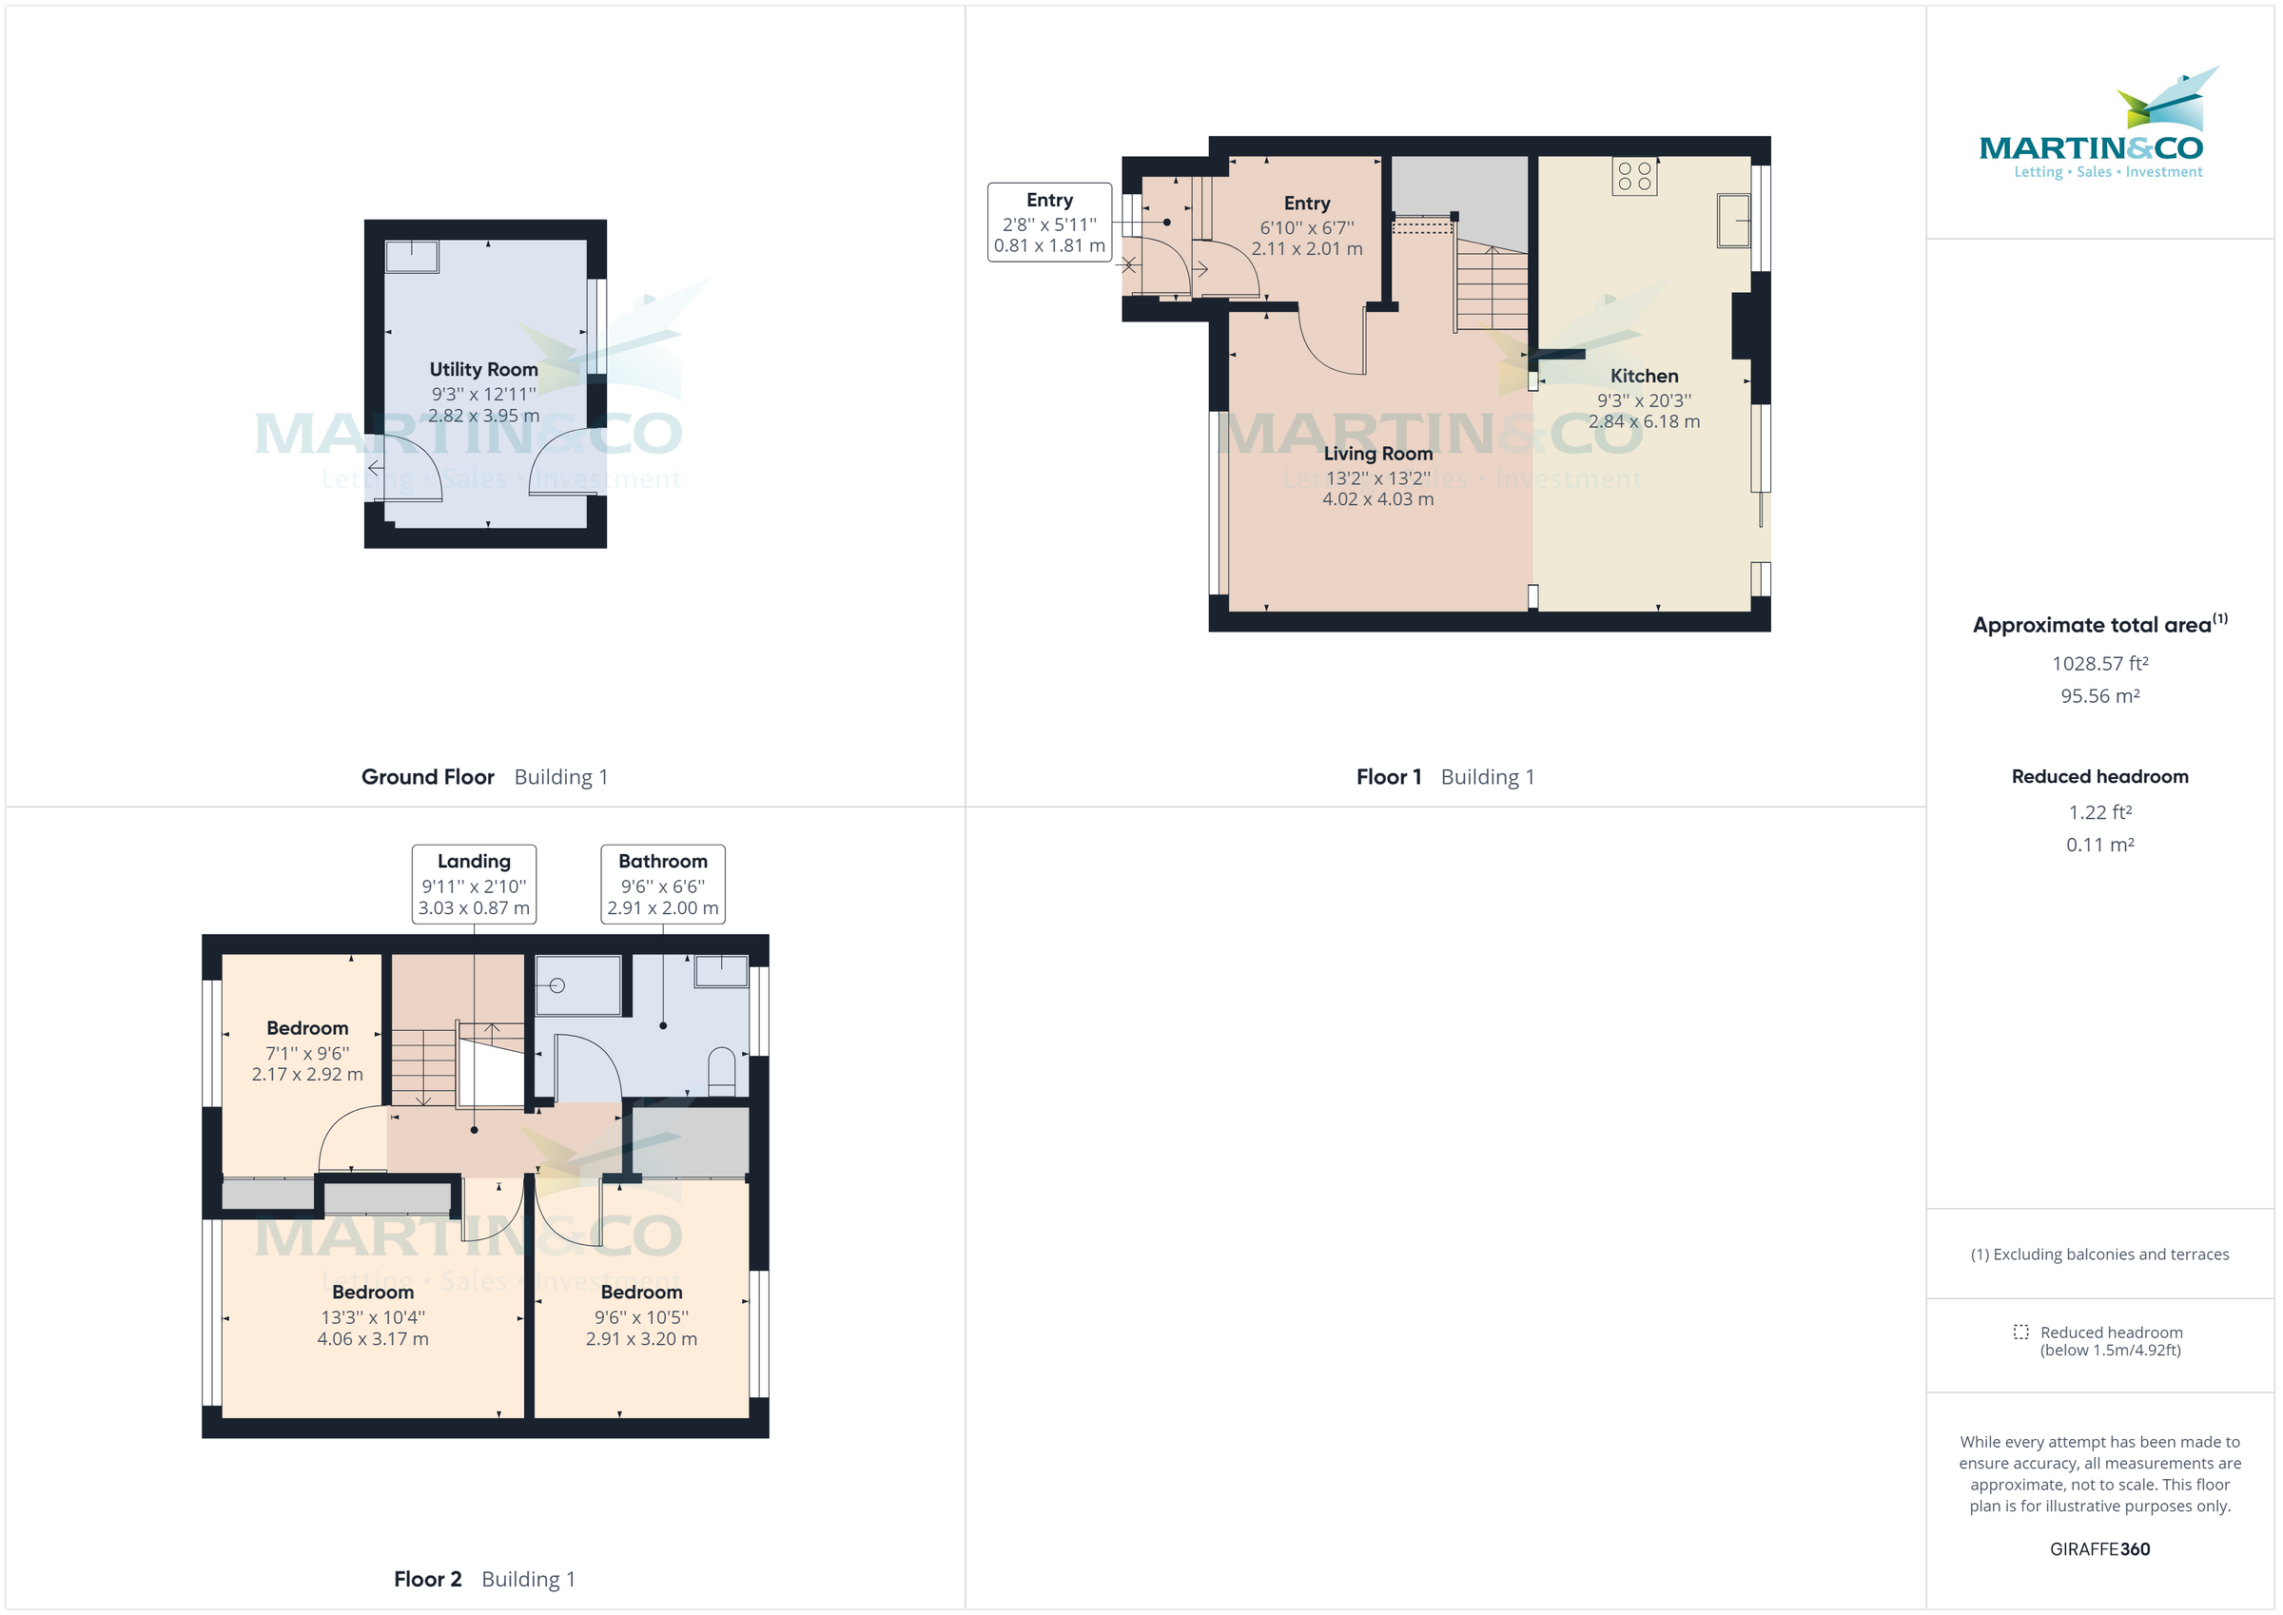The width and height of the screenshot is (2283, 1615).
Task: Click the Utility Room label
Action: click(x=483, y=369)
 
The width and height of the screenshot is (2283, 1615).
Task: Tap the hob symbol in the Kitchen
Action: click(x=1633, y=177)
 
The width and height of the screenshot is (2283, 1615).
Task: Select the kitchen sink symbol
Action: click(x=1733, y=221)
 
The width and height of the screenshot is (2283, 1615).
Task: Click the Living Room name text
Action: click(x=1377, y=454)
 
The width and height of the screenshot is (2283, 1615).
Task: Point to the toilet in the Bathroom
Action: click(x=721, y=1070)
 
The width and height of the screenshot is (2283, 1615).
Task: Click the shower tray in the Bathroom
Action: click(x=578, y=984)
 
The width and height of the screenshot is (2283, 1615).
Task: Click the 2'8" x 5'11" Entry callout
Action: click(x=1049, y=223)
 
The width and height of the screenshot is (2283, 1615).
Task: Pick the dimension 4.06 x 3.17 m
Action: click(x=373, y=1338)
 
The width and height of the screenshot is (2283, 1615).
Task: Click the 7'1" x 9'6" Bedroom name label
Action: click(x=307, y=1028)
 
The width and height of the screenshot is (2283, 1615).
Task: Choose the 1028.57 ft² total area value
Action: click(x=2099, y=663)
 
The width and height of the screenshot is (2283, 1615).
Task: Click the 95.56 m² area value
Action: click(x=2099, y=696)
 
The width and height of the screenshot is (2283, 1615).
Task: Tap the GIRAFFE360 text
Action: click(x=2099, y=1548)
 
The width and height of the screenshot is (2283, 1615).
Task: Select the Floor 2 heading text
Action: click(x=427, y=1578)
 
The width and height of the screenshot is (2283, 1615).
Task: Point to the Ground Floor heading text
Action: click(x=427, y=777)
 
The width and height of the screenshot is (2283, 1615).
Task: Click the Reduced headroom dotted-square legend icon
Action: click(x=2020, y=1332)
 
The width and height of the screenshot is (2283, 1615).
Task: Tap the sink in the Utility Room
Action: click(x=412, y=257)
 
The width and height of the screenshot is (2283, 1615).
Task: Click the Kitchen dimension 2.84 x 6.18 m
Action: click(x=1644, y=421)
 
